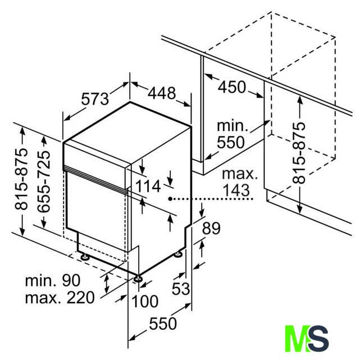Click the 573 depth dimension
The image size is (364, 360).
pos(95,99)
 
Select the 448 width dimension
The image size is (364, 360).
pos(162,93)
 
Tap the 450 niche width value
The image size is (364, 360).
pos(231,87)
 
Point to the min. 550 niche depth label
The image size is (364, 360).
pos(231,134)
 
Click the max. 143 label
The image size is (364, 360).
pos(239,182)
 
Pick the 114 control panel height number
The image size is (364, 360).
pos(148,186)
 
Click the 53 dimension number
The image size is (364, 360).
pos(181,289)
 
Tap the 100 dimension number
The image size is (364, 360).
pos(145,301)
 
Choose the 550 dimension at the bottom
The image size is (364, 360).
pos(163,324)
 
